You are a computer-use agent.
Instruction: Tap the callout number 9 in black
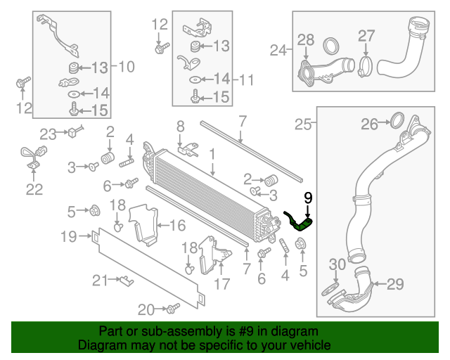tap(307, 198)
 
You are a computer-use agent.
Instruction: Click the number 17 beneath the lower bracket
tap(221, 284)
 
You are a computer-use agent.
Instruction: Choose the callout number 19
tap(68, 237)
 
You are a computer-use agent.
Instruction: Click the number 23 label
tap(48, 134)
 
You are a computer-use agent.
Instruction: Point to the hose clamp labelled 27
tap(366, 67)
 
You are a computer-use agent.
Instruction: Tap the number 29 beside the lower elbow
tap(396, 284)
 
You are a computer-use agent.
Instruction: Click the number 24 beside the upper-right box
tap(279, 50)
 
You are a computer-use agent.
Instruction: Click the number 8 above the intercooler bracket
tap(180, 127)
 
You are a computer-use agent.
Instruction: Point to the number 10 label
tap(126, 67)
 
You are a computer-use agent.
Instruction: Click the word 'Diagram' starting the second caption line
tap(99, 345)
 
